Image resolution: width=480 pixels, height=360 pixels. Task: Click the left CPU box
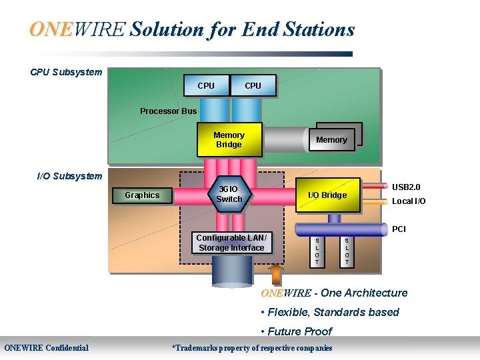click(x=206, y=85)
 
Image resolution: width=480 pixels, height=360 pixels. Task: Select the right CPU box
click(x=253, y=85)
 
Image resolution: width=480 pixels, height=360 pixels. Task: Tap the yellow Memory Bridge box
click(x=229, y=140)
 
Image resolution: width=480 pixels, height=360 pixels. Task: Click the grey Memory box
click(x=331, y=140)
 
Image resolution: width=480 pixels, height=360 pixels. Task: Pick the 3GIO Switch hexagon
click(x=229, y=194)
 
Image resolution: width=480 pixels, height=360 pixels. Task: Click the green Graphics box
click(x=142, y=195)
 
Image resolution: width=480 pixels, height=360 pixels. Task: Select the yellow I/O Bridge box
click(x=327, y=195)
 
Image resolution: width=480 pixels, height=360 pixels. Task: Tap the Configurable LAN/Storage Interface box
click(x=231, y=243)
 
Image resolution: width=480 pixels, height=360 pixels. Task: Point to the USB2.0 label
click(x=405, y=187)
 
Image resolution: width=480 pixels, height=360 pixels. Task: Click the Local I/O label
click(x=408, y=201)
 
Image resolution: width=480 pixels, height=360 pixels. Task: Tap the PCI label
click(x=399, y=229)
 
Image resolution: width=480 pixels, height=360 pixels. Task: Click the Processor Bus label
click(x=168, y=111)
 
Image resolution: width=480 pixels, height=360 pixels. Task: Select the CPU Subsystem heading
click(x=66, y=72)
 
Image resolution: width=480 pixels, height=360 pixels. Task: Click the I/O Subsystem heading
click(x=69, y=176)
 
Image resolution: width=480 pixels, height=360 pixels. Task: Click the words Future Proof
click(x=299, y=331)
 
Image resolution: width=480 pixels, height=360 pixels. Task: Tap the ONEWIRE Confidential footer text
click(x=47, y=347)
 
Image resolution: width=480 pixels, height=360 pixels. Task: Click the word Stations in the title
click(x=317, y=29)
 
